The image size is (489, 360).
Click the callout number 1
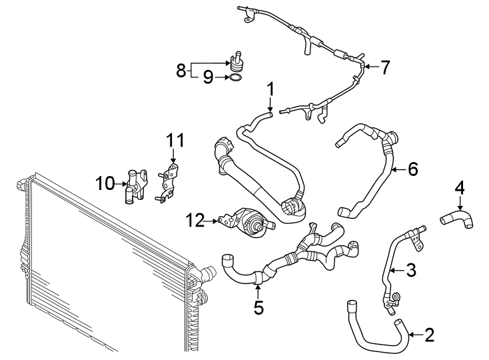(270, 88)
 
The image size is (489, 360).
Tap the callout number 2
(428, 335)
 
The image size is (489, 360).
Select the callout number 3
(412, 270)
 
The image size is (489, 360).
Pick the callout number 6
(412, 169)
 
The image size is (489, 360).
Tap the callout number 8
(181, 70)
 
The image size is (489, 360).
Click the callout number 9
(208, 78)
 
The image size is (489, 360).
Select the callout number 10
(105, 182)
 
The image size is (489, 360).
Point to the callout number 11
(174, 140)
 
